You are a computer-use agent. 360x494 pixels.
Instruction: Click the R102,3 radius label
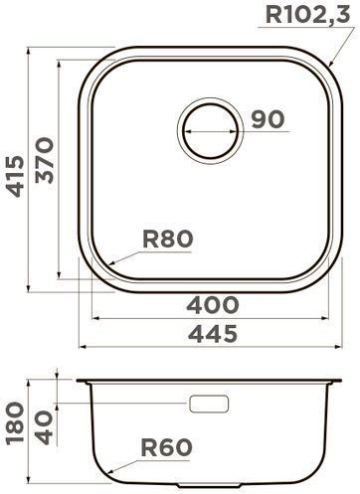pos(307,15)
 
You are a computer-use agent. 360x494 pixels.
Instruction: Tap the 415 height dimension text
pos(16,177)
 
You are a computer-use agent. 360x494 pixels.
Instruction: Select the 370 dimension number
pos(44,161)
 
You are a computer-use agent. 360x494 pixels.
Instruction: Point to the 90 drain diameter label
pos(268,119)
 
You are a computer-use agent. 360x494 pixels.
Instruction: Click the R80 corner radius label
pos(168,240)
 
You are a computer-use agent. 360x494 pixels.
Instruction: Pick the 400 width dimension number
pos(213,305)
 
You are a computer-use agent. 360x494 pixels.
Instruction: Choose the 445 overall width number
pos(213,334)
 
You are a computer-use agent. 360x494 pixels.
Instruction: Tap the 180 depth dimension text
pos(16,423)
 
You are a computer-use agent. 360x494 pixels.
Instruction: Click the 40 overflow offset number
pos(44,427)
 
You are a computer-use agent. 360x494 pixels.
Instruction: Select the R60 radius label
pos(167,447)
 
